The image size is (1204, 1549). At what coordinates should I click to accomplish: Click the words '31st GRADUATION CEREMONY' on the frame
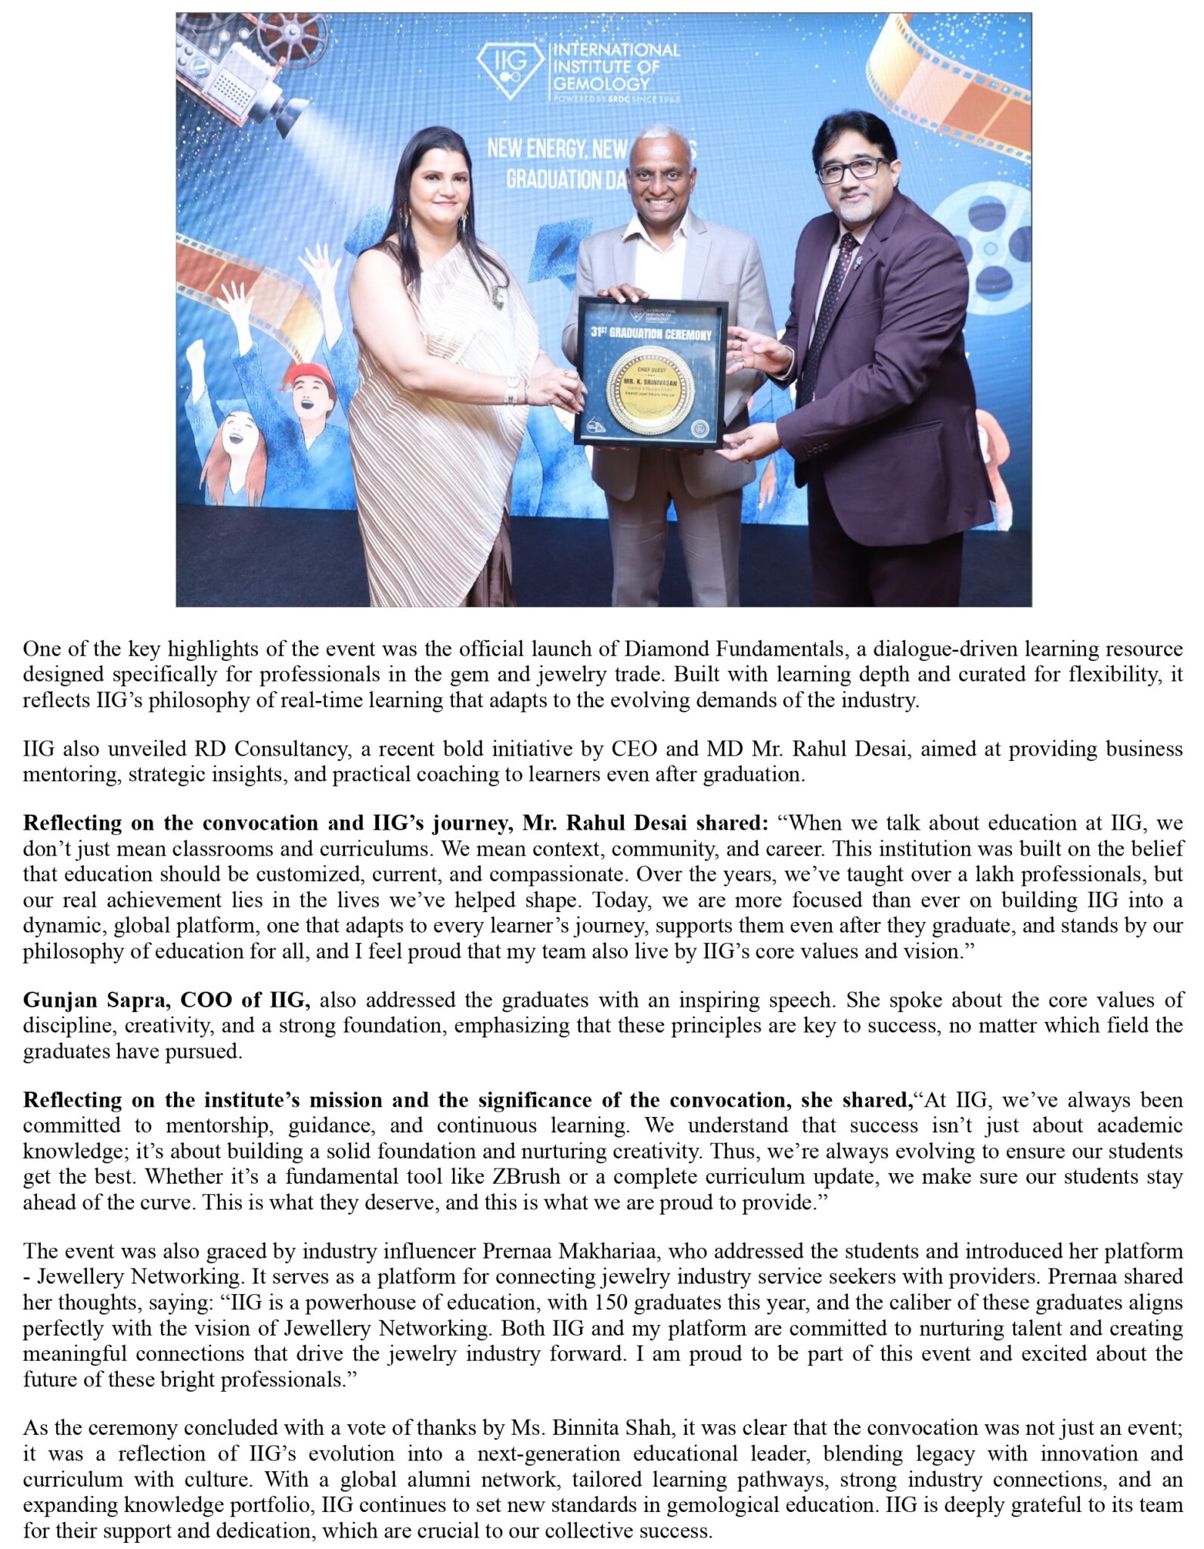651,334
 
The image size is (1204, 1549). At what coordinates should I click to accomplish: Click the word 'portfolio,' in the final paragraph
268,1505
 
